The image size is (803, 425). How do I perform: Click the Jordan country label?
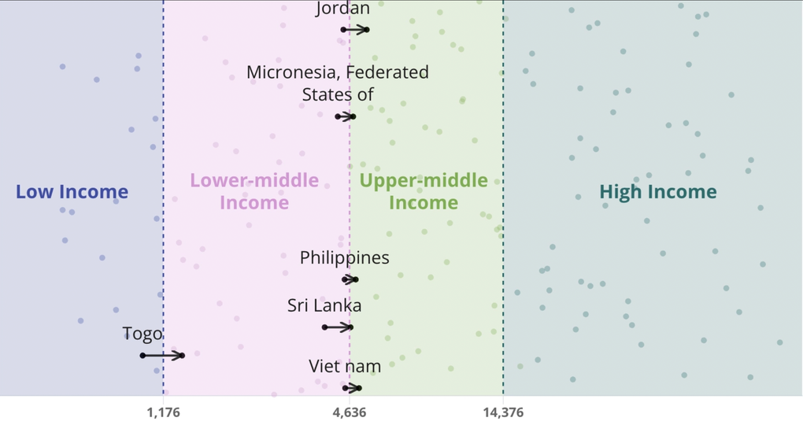(342, 9)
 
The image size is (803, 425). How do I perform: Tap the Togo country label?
(142, 334)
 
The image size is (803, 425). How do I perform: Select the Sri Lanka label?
(324, 305)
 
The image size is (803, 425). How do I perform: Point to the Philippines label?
(345, 258)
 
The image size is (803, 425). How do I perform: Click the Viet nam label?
(345, 367)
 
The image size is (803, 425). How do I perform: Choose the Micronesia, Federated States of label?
(338, 83)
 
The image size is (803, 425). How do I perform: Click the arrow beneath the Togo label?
(163, 356)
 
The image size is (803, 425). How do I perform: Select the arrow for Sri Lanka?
(338, 327)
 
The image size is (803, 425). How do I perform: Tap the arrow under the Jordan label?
(355, 30)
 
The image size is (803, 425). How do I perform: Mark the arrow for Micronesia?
(345, 116)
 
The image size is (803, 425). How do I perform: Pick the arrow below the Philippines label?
(350, 279)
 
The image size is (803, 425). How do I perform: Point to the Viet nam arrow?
(353, 388)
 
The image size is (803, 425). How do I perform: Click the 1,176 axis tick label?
(164, 412)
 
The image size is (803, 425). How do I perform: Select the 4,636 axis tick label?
(350, 412)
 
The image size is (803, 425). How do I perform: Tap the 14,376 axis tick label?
(503, 412)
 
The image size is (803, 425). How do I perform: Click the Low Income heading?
(72, 192)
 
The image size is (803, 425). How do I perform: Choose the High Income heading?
(658, 192)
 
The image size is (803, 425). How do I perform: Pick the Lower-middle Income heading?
(254, 191)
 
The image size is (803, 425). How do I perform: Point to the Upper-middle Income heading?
(424, 191)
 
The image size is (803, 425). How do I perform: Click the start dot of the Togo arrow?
(142, 356)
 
